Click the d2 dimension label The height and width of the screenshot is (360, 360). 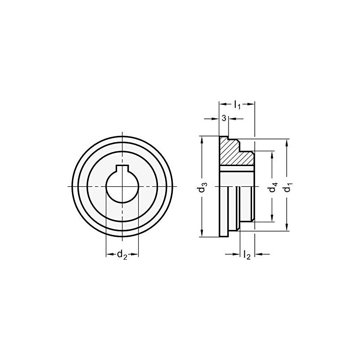pos(122,255)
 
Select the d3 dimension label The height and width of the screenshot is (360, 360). pos(203,187)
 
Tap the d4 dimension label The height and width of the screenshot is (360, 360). pos(272,187)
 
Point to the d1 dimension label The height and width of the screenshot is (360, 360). pos(287,187)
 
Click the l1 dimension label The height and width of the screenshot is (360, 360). pos(237,105)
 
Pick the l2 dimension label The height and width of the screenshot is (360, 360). pos(246,255)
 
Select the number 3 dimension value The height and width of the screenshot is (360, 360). pos(224,118)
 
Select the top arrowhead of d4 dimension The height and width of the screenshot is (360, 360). pos(272,154)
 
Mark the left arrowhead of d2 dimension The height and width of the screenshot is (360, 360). pos(109,255)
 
